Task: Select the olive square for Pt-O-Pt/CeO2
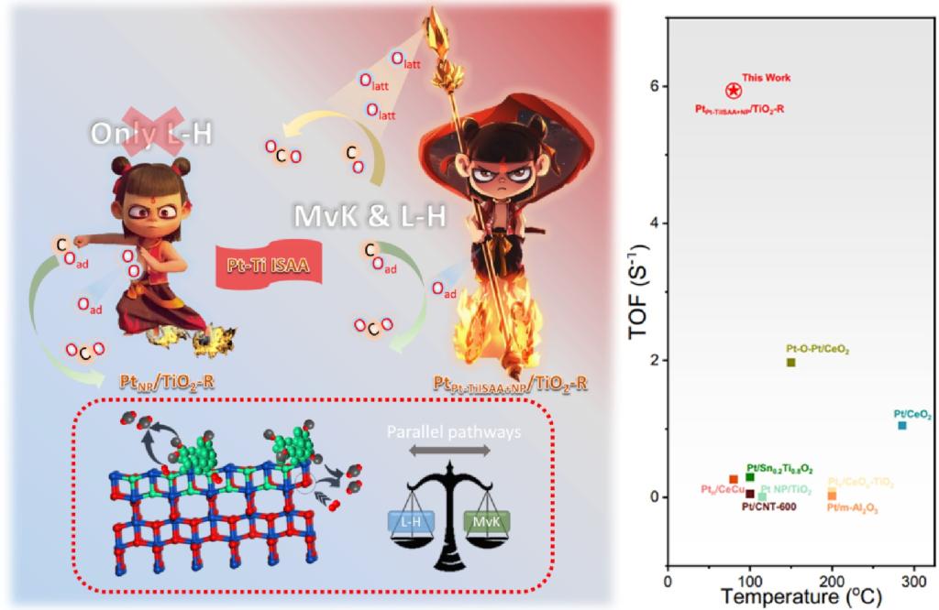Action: (791, 363)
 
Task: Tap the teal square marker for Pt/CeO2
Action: (902, 425)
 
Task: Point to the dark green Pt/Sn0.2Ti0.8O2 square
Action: (750, 477)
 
